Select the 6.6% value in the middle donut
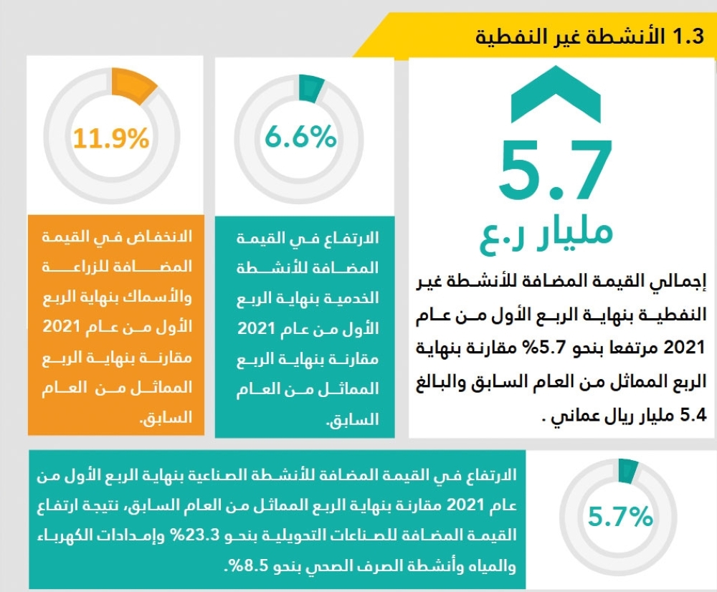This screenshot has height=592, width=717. tap(300, 135)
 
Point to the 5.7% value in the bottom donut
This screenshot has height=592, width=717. tap(619, 515)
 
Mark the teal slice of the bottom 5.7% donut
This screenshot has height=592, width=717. tap(628, 469)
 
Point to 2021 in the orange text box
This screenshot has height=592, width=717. tap(171, 328)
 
